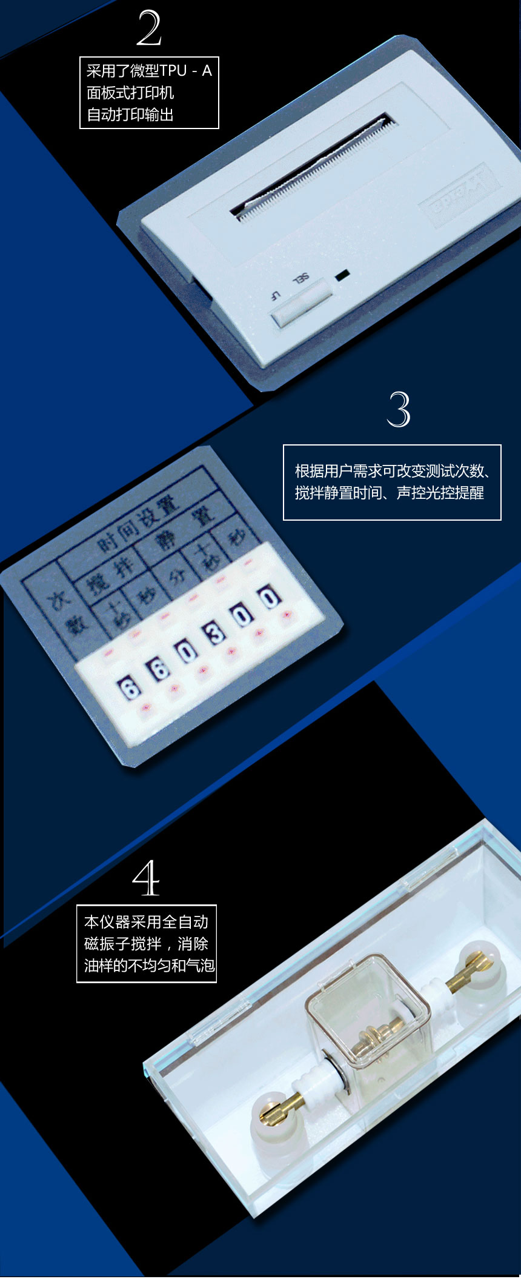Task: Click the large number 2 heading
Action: click(149, 28)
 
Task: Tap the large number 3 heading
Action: click(399, 410)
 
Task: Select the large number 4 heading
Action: click(146, 878)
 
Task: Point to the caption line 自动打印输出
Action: click(130, 115)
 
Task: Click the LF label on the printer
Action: click(275, 296)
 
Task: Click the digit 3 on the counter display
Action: click(215, 633)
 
